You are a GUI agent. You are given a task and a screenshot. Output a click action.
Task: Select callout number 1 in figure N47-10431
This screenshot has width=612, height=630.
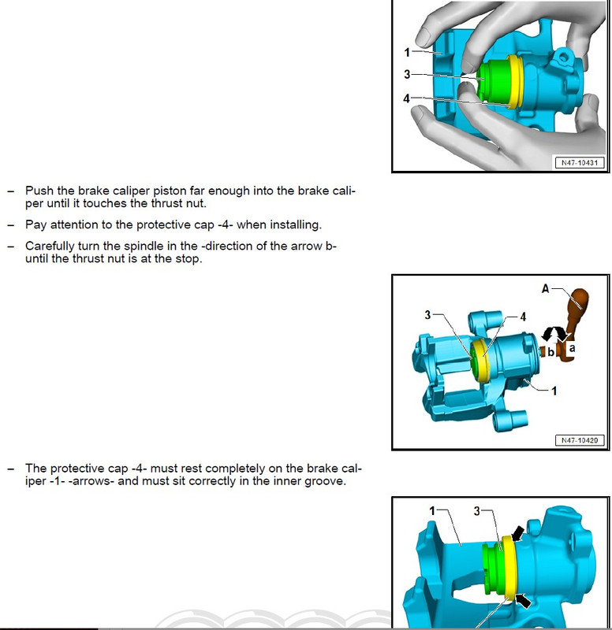click(407, 53)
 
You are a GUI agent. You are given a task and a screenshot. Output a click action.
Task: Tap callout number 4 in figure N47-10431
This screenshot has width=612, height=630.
click(407, 99)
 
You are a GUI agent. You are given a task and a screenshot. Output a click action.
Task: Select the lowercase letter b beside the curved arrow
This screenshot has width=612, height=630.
click(549, 351)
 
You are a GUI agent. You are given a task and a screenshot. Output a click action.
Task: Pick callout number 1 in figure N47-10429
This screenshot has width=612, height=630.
click(554, 390)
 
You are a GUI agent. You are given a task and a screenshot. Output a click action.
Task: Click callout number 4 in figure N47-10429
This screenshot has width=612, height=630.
click(522, 317)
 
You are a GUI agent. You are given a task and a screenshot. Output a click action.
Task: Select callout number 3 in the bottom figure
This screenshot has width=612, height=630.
click(476, 511)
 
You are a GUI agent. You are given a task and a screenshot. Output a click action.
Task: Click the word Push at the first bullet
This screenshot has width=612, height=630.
click(39, 191)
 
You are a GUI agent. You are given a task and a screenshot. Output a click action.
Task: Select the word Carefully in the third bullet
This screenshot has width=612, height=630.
click(52, 246)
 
